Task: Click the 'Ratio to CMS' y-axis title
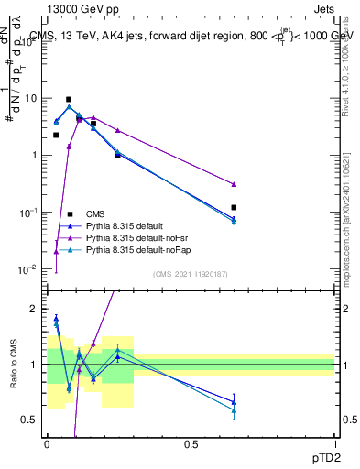pos(13,365)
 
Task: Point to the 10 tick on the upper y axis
pos(34,97)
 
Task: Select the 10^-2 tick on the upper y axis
pos(31,269)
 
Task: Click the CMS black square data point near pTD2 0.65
pos(235,208)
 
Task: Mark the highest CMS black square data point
pos(69,99)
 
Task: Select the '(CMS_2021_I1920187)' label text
pos(190,274)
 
